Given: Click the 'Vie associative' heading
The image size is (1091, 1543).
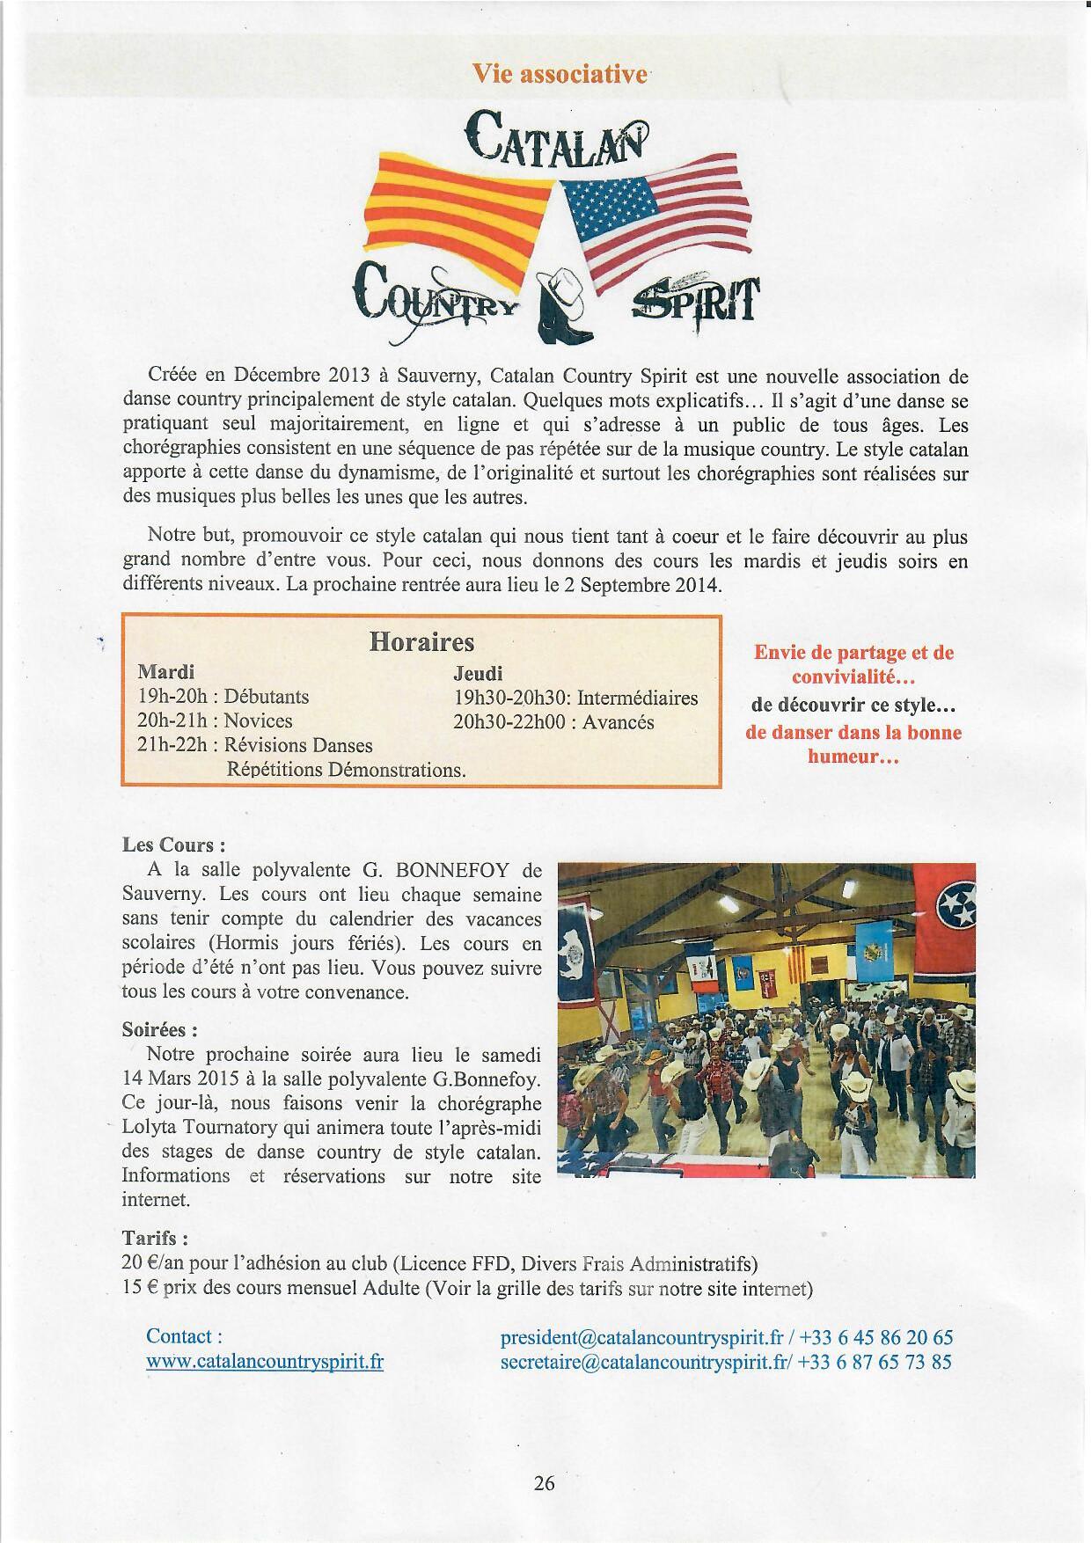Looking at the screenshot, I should point(560,74).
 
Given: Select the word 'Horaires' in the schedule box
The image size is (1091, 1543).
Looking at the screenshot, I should point(421,641).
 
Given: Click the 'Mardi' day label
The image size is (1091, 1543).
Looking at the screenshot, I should point(166,672).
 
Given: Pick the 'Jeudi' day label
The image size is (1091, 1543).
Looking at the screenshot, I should point(478,673).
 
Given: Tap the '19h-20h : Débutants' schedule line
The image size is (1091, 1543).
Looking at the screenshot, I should point(223,697).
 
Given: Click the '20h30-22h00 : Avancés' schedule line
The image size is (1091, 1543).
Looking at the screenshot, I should point(553,722).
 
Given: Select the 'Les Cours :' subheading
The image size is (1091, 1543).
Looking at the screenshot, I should point(173,845).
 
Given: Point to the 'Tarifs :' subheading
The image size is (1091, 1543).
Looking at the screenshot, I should point(155,1239).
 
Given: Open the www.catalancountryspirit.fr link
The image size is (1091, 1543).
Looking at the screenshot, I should point(265,1363).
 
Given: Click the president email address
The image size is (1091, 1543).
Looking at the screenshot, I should point(641,1338).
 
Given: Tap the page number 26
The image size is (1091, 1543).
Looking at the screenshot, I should point(545,1483).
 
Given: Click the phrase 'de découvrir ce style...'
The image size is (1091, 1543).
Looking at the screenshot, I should point(853,706).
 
